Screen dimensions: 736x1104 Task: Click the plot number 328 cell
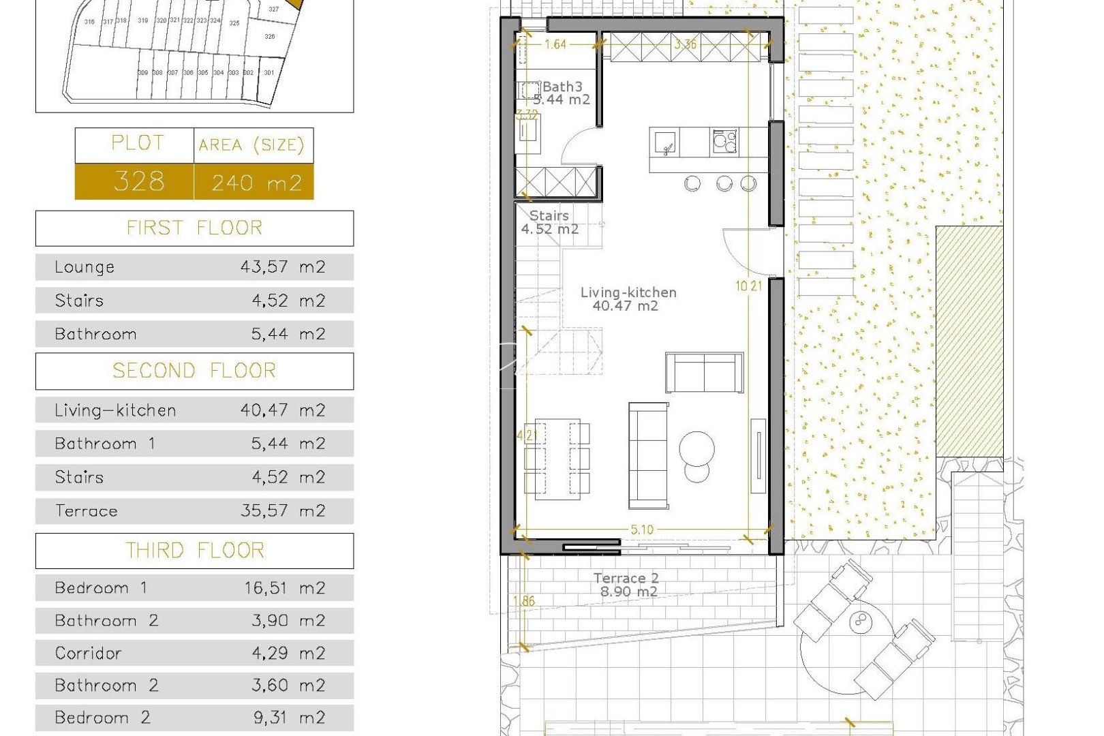click(x=139, y=181)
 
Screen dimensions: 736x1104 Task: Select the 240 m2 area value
click(x=256, y=183)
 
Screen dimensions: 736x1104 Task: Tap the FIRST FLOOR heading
click(x=194, y=228)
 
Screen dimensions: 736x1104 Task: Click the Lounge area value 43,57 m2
click(x=283, y=267)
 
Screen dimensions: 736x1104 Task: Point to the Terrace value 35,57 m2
click(x=283, y=511)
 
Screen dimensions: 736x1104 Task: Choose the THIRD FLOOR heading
click(x=194, y=551)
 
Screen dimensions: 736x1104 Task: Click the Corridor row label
click(x=88, y=654)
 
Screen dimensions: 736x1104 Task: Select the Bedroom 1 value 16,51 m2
click(x=285, y=588)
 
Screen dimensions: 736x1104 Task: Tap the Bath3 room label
click(x=562, y=87)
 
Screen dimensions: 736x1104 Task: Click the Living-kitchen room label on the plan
click(x=628, y=293)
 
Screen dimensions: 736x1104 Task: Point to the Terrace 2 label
click(x=626, y=579)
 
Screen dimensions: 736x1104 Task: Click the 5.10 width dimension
click(x=641, y=530)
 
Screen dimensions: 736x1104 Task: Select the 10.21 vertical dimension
click(x=748, y=286)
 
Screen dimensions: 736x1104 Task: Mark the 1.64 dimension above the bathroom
click(x=555, y=44)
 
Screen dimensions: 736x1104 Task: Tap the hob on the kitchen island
click(x=724, y=142)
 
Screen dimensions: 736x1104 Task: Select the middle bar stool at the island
click(x=724, y=183)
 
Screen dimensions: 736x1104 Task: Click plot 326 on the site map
click(x=270, y=37)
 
